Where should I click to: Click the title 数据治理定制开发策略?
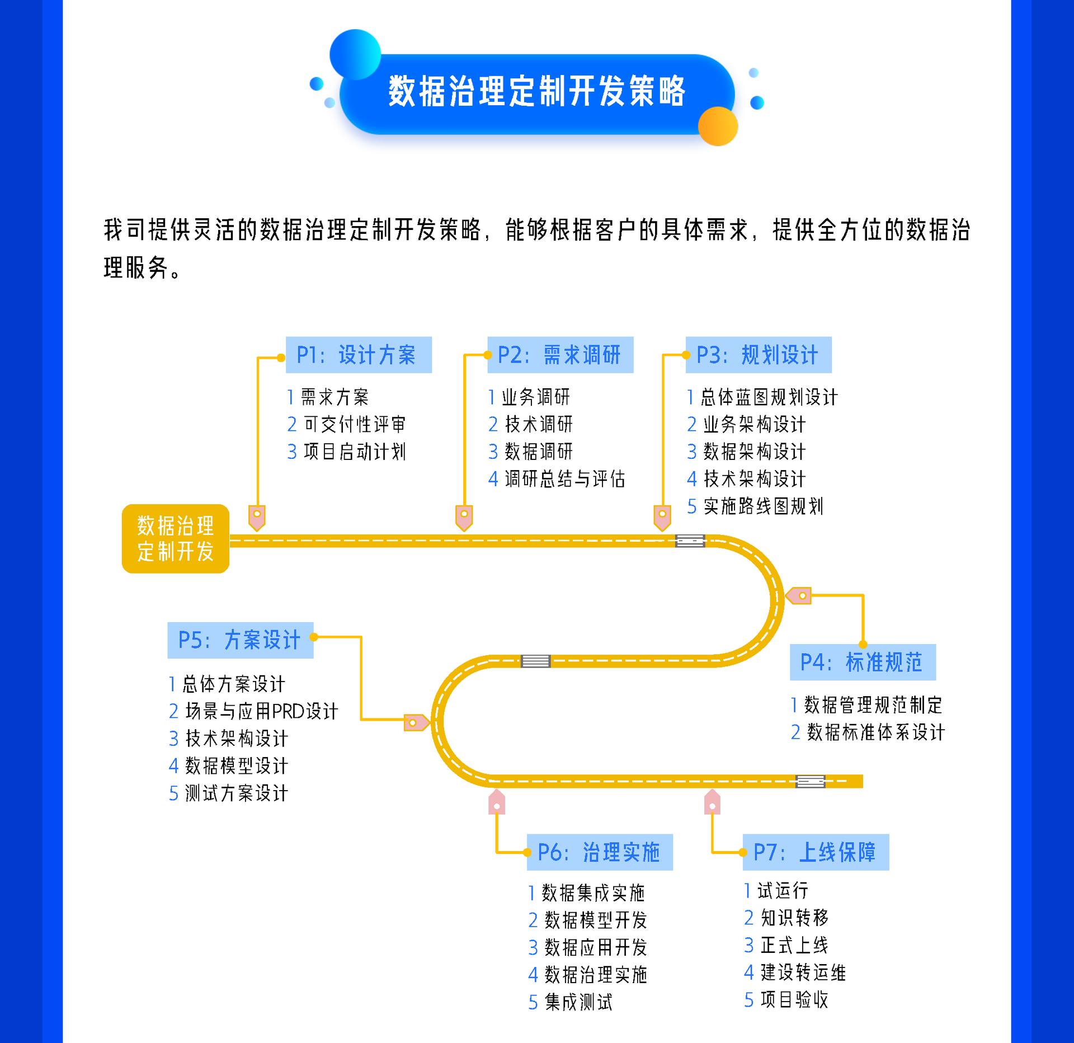coord(536,91)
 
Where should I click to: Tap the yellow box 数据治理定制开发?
coord(175,538)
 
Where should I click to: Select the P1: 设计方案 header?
coord(359,355)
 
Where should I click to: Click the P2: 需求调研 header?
coord(560,355)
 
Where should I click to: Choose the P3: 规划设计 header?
coord(758,355)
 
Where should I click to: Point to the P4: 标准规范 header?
coord(862,662)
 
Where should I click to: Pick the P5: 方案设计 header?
coord(240,640)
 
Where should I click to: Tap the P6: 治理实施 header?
coord(599,852)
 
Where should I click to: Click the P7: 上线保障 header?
coord(815,852)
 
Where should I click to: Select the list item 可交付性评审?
coord(354,424)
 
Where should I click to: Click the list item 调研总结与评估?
coord(564,479)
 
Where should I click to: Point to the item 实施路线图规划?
coord(763,506)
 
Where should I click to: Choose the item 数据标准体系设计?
coord(875,732)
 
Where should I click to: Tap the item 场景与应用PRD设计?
coord(261,711)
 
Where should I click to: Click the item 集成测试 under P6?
coord(578,1002)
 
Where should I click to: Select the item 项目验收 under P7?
coord(794,999)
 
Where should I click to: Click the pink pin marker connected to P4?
coord(799,596)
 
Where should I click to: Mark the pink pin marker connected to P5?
coord(416,722)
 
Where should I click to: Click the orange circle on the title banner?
coord(718,126)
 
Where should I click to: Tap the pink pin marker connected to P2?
coord(464,517)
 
